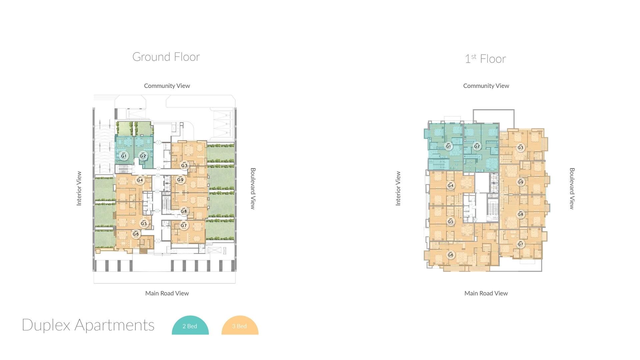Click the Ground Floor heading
pos(166,57)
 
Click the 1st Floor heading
pos(485,59)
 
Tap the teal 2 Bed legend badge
pos(190,326)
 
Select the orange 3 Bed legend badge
pos(240,326)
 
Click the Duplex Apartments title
pos(88,325)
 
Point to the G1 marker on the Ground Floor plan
pos(124,156)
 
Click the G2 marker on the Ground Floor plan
pos(143,156)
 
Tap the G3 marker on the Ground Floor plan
pos(184,165)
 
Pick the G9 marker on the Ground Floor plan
pos(180,179)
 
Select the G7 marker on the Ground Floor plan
pos(184,225)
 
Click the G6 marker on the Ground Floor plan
pos(136,234)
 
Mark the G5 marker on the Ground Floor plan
pos(144,223)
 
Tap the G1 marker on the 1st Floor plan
pos(448,146)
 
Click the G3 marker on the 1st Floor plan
pos(520,147)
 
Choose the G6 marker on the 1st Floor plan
pos(450,255)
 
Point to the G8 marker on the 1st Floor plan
pos(520,214)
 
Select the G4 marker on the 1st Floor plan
pos(450,185)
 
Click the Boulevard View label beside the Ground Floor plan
pos(253,188)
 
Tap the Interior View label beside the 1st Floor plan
pos(398,188)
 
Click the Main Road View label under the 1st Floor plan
pos(486,293)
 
